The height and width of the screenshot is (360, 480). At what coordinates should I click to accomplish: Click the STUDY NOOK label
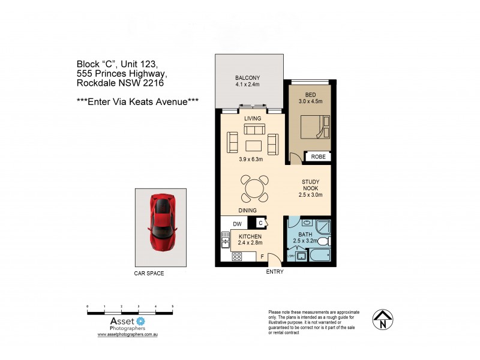310,188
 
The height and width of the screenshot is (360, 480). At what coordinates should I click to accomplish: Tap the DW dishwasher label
236,224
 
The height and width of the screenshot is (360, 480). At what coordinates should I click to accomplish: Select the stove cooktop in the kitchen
236,257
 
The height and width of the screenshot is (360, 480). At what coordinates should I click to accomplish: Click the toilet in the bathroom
322,241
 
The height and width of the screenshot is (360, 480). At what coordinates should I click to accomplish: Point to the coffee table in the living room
253,145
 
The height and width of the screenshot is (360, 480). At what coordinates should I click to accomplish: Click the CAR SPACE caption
149,274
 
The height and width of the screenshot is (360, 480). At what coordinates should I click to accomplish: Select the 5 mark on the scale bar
173,307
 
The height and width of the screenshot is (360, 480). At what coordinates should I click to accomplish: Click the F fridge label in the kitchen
262,256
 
